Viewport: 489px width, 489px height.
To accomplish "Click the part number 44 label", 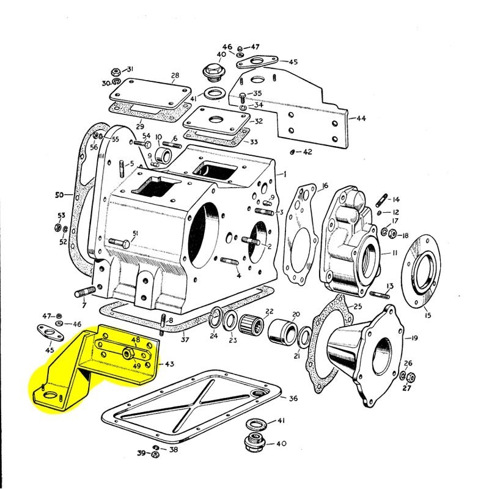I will [x=361, y=118].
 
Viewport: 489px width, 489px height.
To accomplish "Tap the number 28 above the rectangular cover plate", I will [x=175, y=76].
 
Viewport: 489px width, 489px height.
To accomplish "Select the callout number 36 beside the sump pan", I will [x=293, y=399].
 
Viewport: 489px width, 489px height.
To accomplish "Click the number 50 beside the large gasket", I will [x=59, y=196].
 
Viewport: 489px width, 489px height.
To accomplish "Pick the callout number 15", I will [x=427, y=315].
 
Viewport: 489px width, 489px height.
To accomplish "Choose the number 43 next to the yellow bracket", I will [x=169, y=364].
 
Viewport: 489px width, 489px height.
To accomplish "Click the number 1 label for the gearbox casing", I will [x=284, y=174].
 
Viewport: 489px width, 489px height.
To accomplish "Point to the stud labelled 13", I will [x=377, y=295].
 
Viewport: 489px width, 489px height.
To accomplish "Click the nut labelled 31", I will [x=116, y=72].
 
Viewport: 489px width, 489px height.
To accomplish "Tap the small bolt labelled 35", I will [x=243, y=97].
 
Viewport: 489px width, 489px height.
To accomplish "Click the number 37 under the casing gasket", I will [x=185, y=340].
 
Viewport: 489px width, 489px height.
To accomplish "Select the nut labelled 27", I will [x=411, y=377].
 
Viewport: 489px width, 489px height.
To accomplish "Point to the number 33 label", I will [x=254, y=141].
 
